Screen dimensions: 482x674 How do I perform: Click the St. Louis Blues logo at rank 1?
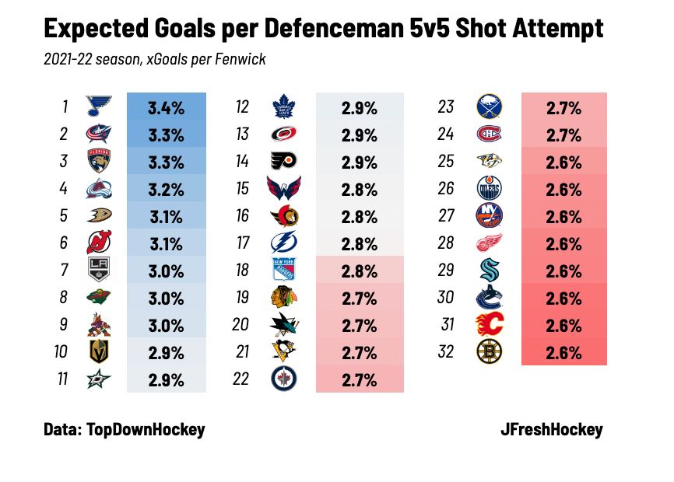tap(100, 107)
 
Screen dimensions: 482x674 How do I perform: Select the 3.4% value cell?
tap(166, 107)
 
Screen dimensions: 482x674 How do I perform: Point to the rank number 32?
tap(445, 352)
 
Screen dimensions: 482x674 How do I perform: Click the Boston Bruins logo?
tap(489, 352)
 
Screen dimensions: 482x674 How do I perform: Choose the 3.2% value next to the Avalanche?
tap(166, 189)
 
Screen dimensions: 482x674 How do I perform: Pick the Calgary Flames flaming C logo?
tap(489, 325)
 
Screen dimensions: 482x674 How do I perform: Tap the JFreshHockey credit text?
tap(552, 429)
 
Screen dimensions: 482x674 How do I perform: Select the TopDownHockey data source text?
tap(146, 429)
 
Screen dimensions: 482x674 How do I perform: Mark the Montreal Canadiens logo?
tap(489, 134)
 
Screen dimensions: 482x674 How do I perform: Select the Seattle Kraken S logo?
tap(489, 271)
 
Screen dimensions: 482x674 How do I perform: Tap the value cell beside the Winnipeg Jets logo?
tap(359, 379)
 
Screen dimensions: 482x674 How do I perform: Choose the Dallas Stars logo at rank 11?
tap(100, 379)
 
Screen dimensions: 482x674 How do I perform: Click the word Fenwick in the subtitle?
tap(242, 59)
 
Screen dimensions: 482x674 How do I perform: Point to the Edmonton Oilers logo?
tap(489, 189)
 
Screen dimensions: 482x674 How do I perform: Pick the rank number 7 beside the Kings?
tap(64, 271)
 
